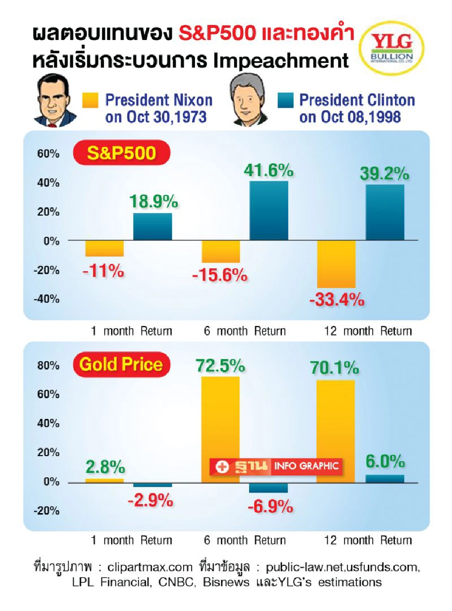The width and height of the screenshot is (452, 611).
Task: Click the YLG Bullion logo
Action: coord(391,48)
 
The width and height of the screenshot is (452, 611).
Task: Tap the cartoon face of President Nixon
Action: coord(54,102)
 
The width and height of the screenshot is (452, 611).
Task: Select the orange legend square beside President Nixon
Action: coord(90,100)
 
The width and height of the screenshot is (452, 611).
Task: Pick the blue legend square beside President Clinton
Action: coord(285,100)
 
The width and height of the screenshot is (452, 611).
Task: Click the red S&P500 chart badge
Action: coord(121,153)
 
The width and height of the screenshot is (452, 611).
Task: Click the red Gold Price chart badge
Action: coord(121,364)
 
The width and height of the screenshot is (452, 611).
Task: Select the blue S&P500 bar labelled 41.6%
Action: coord(268,210)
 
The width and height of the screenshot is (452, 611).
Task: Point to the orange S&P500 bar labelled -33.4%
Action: coord(336,264)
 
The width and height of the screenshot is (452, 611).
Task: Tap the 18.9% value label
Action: coord(153,201)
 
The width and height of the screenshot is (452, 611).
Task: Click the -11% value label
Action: coord(103,271)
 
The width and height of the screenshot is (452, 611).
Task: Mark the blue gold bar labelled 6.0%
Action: coord(385,479)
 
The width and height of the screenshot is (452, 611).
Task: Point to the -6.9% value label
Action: coord(270,506)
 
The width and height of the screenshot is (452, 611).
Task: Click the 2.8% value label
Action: coord(105,467)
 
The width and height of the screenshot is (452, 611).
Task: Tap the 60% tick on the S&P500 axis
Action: coord(48,154)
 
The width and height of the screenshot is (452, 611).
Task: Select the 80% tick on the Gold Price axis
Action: coord(48,366)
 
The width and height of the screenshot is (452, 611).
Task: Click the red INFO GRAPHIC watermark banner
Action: coord(276,466)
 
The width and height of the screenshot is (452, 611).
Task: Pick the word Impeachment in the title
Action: coord(281,61)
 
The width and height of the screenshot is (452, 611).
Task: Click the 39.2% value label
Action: coord(384,174)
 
